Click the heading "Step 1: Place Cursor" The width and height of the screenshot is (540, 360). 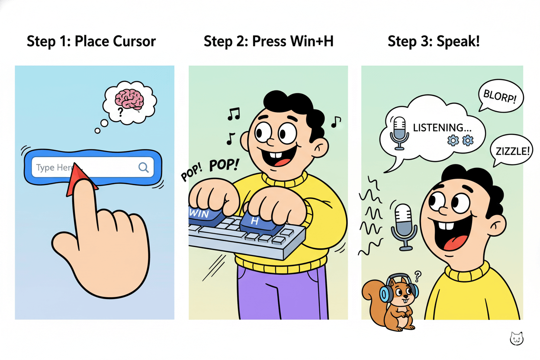tap(91, 42)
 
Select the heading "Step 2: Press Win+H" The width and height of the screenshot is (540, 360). tap(268, 42)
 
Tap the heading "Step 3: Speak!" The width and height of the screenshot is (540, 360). tap(434, 42)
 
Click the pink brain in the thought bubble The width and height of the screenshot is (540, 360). tap(129, 100)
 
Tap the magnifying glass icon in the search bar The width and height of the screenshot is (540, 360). tap(144, 167)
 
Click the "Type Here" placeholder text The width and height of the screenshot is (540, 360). tap(53, 167)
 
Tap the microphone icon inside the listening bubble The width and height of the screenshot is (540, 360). tap(399, 132)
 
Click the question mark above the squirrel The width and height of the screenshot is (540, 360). tap(418, 274)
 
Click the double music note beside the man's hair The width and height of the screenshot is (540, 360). tap(234, 113)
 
